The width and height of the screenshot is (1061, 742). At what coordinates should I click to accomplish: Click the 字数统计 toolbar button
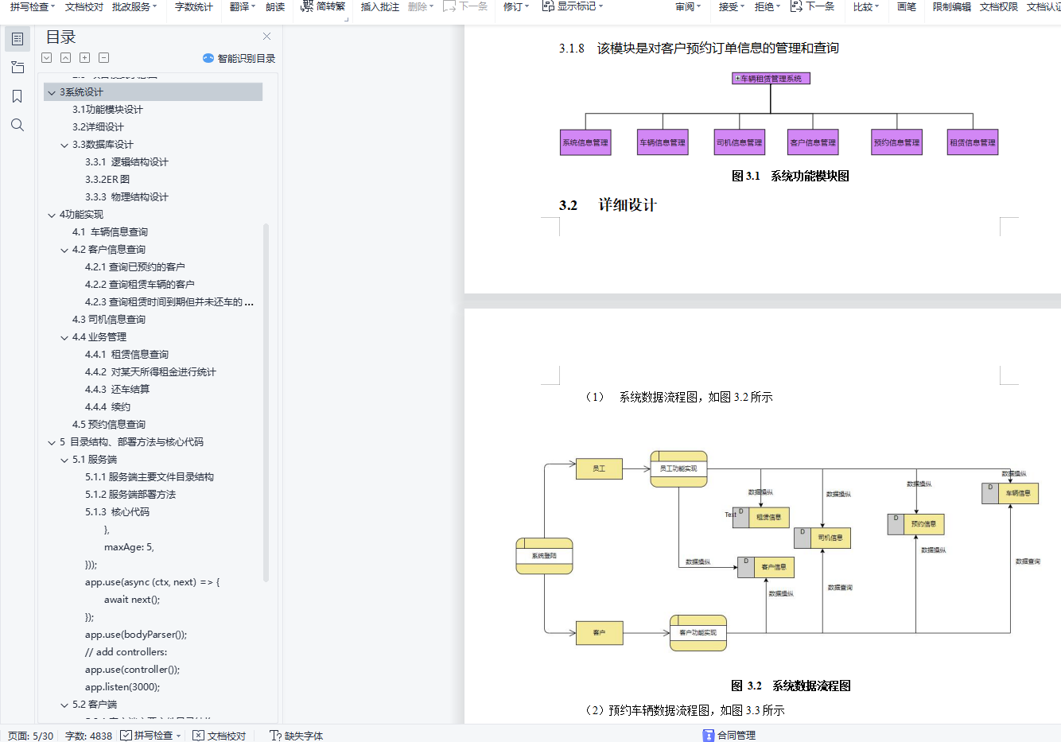pos(193,6)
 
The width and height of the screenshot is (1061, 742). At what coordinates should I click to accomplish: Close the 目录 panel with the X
pos(267,37)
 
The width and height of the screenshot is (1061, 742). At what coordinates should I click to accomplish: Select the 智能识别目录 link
pos(239,58)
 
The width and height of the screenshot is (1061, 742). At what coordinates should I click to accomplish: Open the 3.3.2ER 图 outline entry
pos(107,179)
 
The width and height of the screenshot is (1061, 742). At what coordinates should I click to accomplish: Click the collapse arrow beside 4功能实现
pos(52,215)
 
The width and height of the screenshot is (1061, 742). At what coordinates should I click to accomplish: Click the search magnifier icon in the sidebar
pos(17,125)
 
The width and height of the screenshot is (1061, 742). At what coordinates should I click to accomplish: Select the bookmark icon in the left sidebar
pos(17,96)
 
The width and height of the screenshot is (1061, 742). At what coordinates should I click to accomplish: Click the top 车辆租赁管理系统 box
pos(771,79)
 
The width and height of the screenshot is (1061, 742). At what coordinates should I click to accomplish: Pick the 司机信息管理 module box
pos(739,142)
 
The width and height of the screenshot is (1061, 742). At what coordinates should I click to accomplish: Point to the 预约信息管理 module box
pos(896,142)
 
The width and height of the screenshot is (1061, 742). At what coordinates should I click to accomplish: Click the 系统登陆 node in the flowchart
pos(544,556)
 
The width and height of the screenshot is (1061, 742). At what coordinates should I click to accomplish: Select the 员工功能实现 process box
pos(678,468)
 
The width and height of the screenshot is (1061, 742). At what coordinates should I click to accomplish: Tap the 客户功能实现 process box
pos(698,632)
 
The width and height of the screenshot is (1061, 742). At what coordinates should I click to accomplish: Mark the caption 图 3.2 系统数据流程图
pos(791,686)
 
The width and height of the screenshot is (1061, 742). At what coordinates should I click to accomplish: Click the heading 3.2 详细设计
pos(608,205)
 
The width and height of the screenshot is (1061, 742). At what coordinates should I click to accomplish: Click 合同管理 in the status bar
pos(736,735)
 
